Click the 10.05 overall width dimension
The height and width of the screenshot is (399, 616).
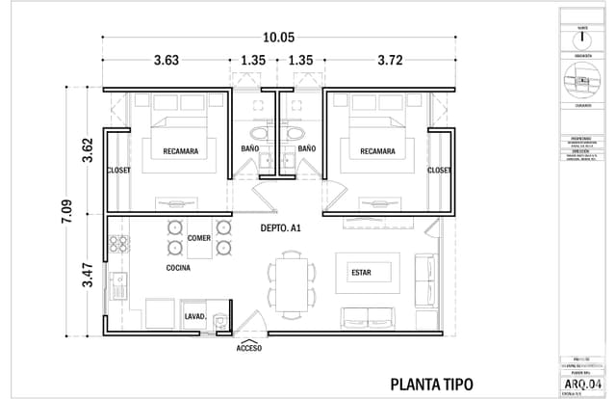[279, 37]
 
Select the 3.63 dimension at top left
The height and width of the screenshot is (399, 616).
[166, 61]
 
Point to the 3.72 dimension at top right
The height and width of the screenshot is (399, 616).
[390, 61]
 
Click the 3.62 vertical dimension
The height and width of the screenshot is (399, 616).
[88, 149]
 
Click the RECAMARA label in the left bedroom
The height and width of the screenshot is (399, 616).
[181, 150]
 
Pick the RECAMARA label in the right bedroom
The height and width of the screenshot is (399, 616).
[377, 150]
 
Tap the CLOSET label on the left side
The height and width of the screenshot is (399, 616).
[118, 170]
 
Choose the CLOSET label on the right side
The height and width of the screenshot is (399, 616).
[439, 170]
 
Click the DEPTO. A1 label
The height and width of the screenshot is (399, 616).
[282, 228]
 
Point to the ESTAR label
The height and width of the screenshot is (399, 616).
[361, 273]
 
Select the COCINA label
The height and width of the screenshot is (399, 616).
[177, 267]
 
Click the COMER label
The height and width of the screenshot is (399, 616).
[199, 237]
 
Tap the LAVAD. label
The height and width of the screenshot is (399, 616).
[195, 316]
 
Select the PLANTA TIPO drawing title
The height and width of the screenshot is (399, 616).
[431, 383]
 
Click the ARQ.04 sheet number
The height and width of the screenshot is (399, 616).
[585, 383]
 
